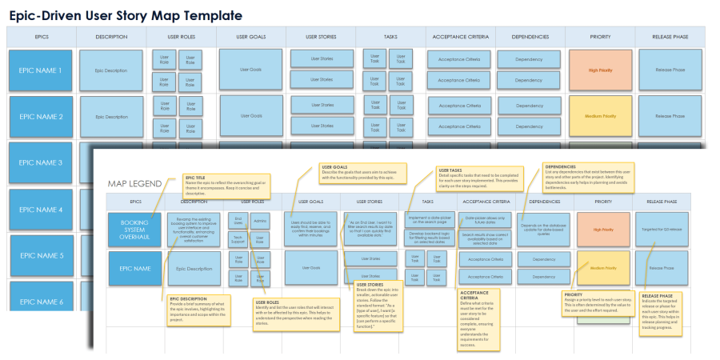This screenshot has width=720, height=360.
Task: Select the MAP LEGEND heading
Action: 134,183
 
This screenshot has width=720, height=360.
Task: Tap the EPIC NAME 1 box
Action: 40,70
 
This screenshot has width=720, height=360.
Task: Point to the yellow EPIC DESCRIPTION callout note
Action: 198,310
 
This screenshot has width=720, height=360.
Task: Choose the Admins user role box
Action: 260,222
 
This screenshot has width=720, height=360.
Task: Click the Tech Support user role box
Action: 238,239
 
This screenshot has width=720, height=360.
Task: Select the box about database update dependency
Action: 544,229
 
